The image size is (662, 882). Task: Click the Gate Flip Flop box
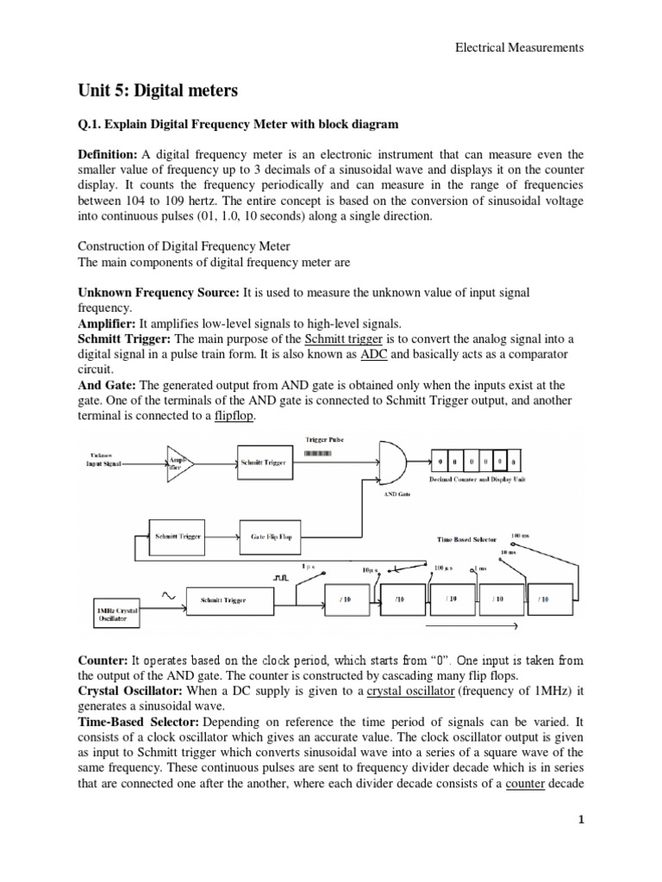pos(272,536)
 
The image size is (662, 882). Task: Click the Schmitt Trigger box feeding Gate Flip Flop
pos(179,536)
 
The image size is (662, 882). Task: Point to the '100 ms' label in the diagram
pos(521,535)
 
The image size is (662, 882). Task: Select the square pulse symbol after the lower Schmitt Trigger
pos(280,578)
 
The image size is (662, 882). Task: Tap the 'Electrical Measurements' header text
pos(519,48)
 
